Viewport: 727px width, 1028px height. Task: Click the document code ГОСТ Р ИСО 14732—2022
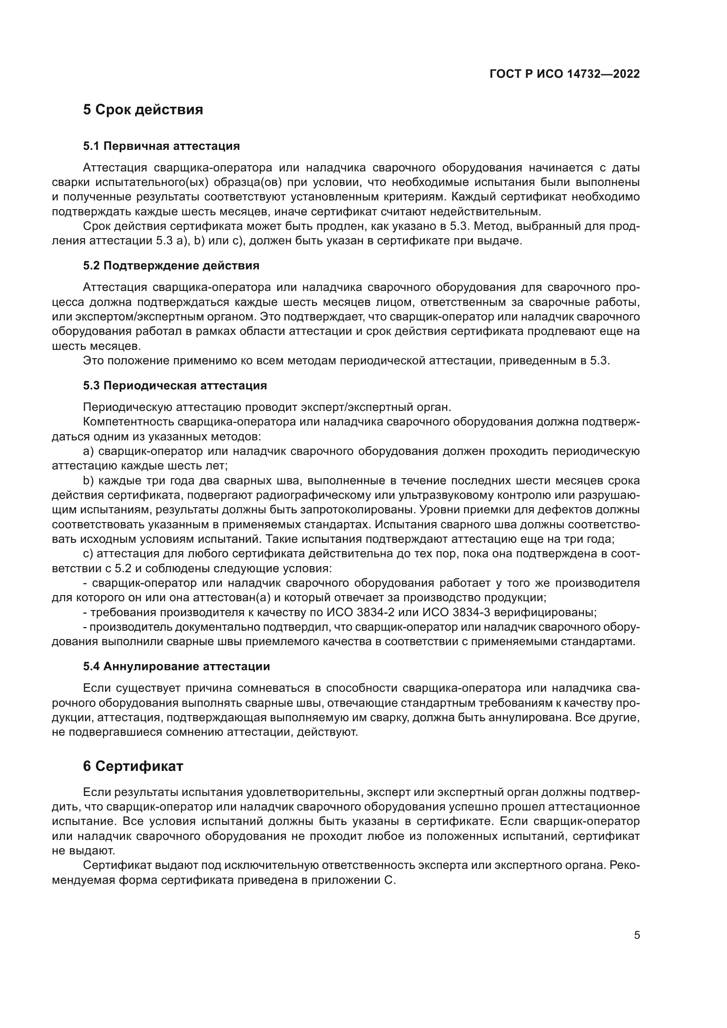(564, 74)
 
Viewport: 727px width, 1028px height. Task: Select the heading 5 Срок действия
(143, 110)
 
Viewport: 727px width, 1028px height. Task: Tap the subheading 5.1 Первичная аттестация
(161, 146)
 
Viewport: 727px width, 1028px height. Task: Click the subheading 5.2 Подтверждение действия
(171, 265)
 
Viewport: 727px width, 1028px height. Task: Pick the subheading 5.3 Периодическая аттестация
(174, 385)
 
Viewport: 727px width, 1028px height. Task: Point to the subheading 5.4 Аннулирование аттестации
(176, 666)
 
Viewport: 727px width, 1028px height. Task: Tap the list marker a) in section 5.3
(88, 451)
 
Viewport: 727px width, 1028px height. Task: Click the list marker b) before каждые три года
(88, 480)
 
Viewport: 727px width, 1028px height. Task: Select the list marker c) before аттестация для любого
(88, 554)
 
